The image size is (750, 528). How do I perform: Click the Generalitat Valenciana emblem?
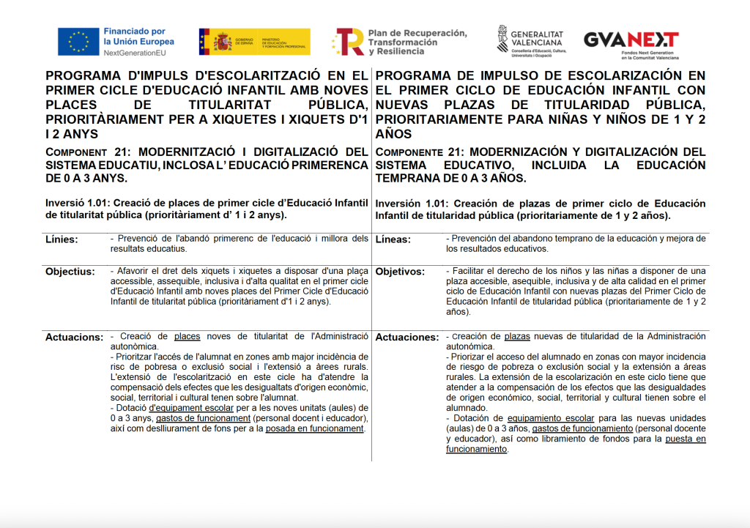click(x=503, y=41)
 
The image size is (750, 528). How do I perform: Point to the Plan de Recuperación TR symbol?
click(x=349, y=42)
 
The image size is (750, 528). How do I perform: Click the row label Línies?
click(x=62, y=239)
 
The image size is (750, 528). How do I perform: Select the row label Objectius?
click(x=70, y=272)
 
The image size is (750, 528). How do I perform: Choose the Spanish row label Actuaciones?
click(x=406, y=338)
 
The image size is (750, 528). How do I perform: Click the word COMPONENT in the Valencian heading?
click(x=70, y=152)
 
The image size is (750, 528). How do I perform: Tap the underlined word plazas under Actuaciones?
click(x=517, y=336)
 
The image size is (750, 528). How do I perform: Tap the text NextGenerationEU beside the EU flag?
click(x=135, y=53)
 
